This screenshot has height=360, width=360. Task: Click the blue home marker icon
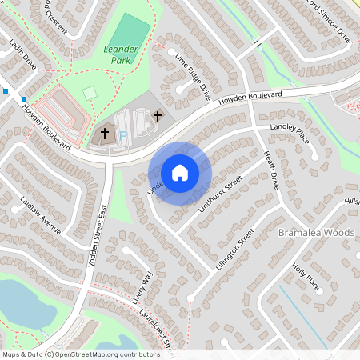click(x=180, y=172)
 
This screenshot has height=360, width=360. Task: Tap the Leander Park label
click(x=122, y=54)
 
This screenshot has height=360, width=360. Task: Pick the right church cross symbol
click(x=158, y=117)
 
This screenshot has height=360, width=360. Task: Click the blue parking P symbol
click(x=122, y=137)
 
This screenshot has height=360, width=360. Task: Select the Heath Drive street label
click(x=270, y=170)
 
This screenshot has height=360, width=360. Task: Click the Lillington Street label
click(x=234, y=249)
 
